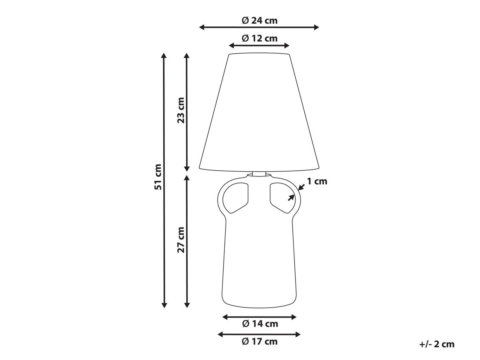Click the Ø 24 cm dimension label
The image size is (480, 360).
pos(259,20)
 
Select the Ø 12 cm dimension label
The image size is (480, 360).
pos(259,38)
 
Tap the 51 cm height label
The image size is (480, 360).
pos(158,177)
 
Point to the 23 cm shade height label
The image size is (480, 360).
pos(181,110)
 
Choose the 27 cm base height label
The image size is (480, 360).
pos(181,240)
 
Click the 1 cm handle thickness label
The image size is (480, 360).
pos(317,181)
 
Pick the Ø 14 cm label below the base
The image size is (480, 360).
pos(260,324)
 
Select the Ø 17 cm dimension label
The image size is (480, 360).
pos(259,342)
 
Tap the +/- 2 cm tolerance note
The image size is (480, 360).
pos(437,344)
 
